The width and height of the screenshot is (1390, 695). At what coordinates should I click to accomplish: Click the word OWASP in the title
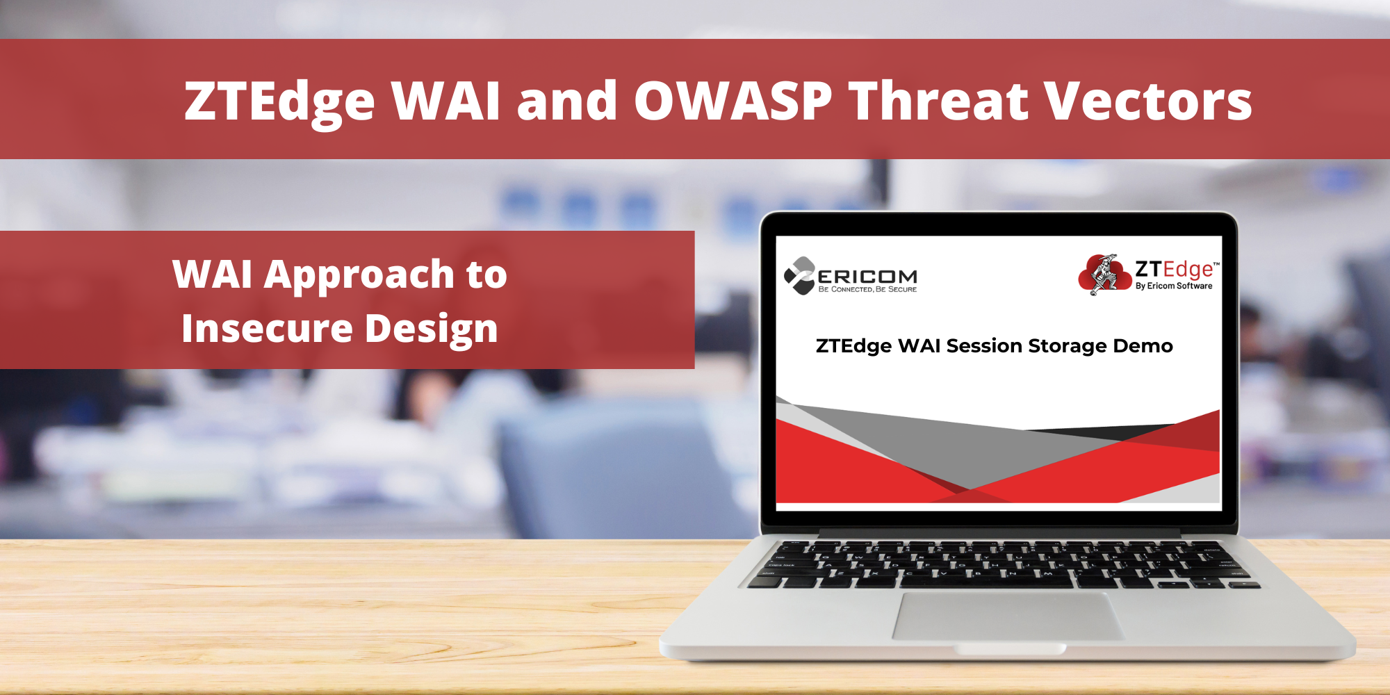coord(733,101)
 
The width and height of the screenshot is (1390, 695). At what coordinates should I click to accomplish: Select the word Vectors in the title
coord(1149,101)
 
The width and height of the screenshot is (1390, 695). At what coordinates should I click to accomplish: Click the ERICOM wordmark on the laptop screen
coord(867,277)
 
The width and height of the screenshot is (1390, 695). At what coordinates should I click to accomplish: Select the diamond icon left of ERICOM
coord(799,275)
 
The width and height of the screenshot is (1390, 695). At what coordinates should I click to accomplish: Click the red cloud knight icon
coord(1105,275)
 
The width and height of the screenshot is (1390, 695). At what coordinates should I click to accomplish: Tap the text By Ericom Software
coord(1174,286)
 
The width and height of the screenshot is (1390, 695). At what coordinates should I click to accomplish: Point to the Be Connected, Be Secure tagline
coord(867,289)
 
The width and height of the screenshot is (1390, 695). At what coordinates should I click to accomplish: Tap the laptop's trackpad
coord(1008,616)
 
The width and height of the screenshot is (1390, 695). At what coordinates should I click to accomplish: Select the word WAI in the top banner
coord(445,101)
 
